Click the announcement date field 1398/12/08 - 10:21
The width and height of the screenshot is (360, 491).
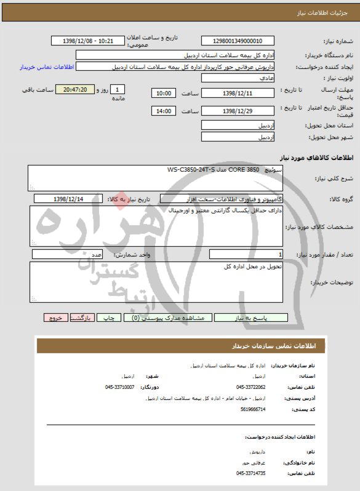88,41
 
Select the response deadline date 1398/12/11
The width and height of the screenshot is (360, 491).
236,93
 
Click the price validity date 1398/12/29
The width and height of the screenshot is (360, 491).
236,111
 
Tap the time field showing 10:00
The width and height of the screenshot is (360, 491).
164,93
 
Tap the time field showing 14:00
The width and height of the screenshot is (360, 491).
164,111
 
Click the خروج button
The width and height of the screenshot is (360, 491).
56,318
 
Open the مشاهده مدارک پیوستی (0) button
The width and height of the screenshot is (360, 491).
169,318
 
